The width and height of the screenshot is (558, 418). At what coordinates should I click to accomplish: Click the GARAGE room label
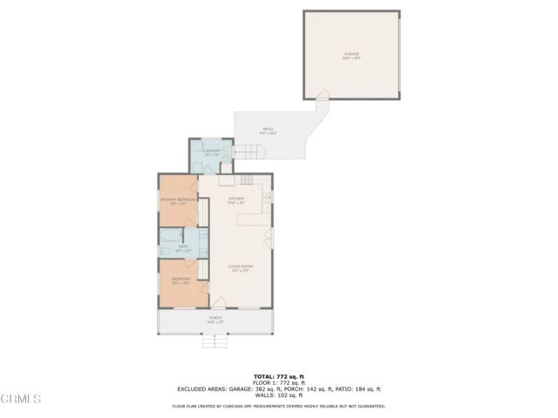coord(351,54)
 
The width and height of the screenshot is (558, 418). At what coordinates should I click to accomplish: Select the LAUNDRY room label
coord(212,151)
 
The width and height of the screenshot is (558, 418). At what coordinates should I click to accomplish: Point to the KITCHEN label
coord(236,199)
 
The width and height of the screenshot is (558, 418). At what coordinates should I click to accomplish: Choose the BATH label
coord(185,247)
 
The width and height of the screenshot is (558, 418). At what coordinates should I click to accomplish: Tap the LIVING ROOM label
coord(240,266)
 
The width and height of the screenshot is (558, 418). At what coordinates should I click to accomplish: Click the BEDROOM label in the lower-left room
coord(180,280)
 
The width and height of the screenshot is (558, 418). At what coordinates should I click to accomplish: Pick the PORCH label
coord(214,320)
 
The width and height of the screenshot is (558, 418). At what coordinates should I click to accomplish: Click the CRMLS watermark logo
coord(21,400)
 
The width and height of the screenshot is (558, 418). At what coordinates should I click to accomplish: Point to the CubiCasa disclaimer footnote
coord(278,406)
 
